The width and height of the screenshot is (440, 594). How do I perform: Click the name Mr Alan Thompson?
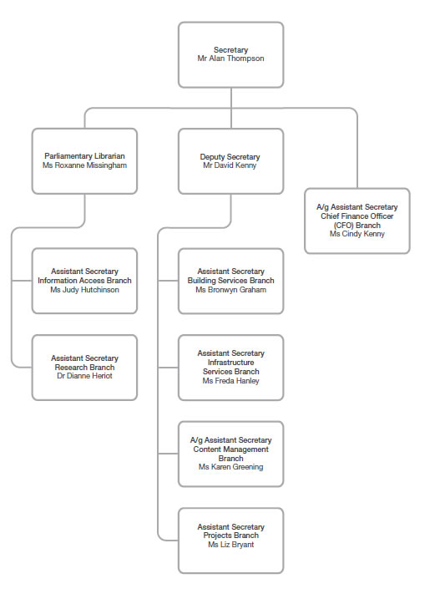pos(230,60)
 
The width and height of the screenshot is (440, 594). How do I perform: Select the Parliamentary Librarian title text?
pos(84,156)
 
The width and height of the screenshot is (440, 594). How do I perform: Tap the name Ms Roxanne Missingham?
pos(84,165)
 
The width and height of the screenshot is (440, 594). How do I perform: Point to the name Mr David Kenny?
pos(230,165)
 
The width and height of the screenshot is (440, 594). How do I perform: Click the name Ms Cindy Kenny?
pos(357,234)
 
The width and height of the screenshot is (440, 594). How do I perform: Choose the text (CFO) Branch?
pos(357,225)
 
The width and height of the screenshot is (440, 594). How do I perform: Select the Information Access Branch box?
pos(84,281)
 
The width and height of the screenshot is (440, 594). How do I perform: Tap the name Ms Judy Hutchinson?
pos(84,290)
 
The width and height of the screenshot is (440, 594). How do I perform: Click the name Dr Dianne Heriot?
pos(84,376)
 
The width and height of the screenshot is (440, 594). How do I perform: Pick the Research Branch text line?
pos(84,368)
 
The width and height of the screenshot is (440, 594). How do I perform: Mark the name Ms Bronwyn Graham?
pos(230,290)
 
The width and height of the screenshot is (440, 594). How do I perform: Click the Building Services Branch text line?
pos(230,281)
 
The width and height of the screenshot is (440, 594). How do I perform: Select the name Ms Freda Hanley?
pos(230,381)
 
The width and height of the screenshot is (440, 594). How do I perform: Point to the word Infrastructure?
pos(230,363)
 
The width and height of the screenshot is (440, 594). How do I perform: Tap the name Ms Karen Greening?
pos(230,467)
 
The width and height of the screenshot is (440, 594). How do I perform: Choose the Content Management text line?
pos(230,449)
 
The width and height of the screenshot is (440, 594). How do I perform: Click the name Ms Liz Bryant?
pos(230,545)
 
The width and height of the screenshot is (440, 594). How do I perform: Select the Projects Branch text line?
pos(230,536)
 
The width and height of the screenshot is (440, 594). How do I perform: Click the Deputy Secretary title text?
pos(230,156)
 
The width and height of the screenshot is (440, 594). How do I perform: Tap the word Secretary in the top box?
pos(230,51)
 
